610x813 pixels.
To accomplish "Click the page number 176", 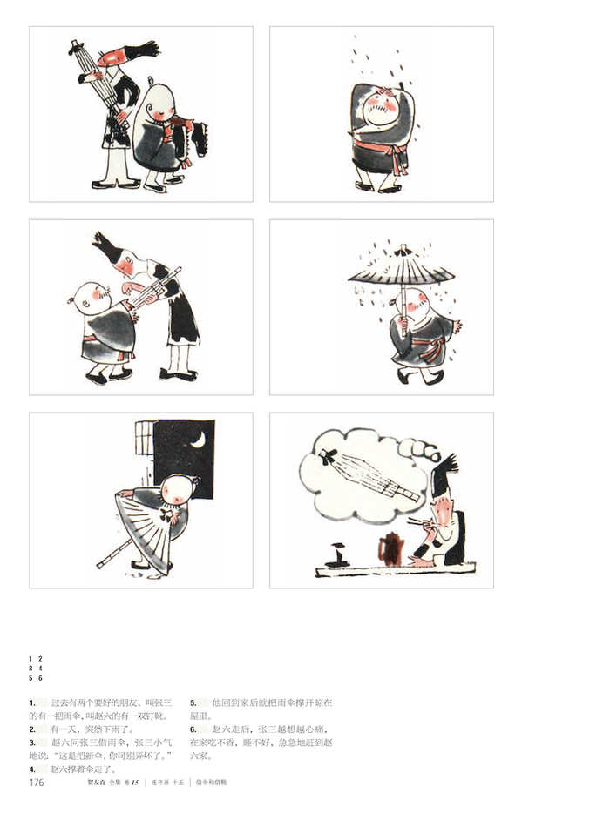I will click(x=37, y=783).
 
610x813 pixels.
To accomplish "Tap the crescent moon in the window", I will click(x=200, y=440).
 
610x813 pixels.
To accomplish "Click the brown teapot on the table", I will click(x=391, y=548).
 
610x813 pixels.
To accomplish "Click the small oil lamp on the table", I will click(x=335, y=552).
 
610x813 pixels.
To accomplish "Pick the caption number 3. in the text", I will click(x=31, y=742).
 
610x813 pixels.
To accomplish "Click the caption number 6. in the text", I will click(x=193, y=729).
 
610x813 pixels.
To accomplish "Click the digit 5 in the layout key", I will click(x=31, y=677).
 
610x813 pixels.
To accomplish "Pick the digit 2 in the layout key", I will click(x=40, y=659).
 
